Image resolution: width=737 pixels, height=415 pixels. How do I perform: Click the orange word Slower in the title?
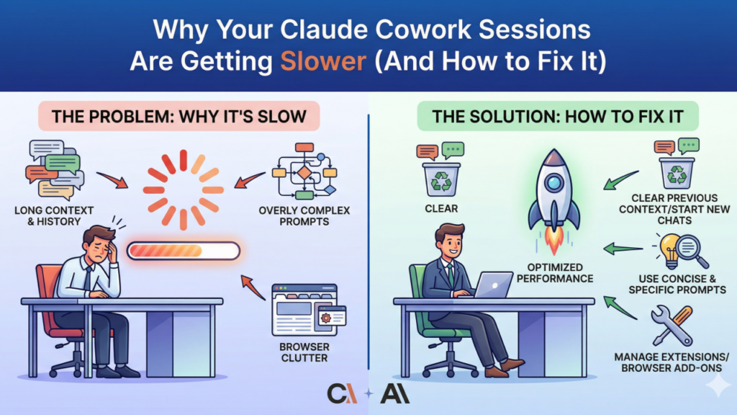[x=323, y=61]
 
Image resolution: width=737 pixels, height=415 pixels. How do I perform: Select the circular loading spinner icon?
[x=184, y=189]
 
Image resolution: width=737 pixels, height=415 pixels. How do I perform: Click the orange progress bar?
[x=184, y=251]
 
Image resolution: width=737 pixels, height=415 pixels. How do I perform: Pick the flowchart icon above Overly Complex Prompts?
[x=304, y=171]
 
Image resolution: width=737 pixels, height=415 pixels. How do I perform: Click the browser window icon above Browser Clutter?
[x=309, y=310]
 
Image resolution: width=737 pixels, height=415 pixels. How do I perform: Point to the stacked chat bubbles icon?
[x=55, y=170]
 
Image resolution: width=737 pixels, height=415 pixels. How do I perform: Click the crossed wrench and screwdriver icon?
[x=672, y=326]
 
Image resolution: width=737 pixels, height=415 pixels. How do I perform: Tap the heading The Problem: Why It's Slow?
[x=179, y=116]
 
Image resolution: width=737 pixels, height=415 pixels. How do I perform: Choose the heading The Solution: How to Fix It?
[x=558, y=116]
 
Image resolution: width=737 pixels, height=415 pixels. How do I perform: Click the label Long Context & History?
[x=54, y=216]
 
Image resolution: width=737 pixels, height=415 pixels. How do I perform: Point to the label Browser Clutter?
[x=304, y=352]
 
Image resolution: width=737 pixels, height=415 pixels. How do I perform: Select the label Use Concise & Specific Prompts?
[x=677, y=284]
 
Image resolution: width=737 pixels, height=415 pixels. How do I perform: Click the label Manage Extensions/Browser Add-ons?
[x=672, y=362]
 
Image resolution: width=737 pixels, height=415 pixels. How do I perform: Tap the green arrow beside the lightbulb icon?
[x=623, y=249]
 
